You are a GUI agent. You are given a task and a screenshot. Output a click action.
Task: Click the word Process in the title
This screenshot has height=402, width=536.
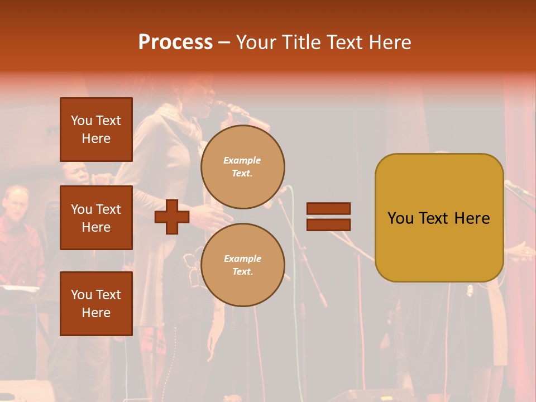(x=175, y=42)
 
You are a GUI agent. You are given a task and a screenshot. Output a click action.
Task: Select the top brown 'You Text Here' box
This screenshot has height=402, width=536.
(x=96, y=130)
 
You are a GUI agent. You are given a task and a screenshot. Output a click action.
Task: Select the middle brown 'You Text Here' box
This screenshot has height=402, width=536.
(x=96, y=218)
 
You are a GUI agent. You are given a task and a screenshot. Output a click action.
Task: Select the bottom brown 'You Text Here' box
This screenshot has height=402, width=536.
(x=96, y=304)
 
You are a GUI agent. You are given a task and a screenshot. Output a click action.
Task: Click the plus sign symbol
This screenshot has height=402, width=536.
(x=172, y=217)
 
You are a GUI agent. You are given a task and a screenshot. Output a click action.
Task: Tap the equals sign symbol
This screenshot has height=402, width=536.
(x=328, y=217)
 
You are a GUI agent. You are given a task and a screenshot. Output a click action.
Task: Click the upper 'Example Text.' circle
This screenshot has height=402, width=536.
(x=242, y=167)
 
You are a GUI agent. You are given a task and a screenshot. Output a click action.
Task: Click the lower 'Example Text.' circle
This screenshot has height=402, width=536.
(x=242, y=265)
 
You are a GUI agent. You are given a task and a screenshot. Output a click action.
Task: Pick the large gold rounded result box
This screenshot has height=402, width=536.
(x=439, y=218)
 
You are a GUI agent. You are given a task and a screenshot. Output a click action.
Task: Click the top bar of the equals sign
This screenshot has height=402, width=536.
(x=328, y=209)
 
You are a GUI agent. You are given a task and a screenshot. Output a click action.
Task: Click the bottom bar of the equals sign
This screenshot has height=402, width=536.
(x=328, y=224)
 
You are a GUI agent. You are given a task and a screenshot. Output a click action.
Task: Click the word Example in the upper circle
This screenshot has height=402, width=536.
(x=242, y=160)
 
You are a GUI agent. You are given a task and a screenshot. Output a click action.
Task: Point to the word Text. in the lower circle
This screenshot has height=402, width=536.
(x=242, y=272)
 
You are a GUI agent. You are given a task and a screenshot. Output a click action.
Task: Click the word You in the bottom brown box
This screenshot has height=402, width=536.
(x=82, y=295)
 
